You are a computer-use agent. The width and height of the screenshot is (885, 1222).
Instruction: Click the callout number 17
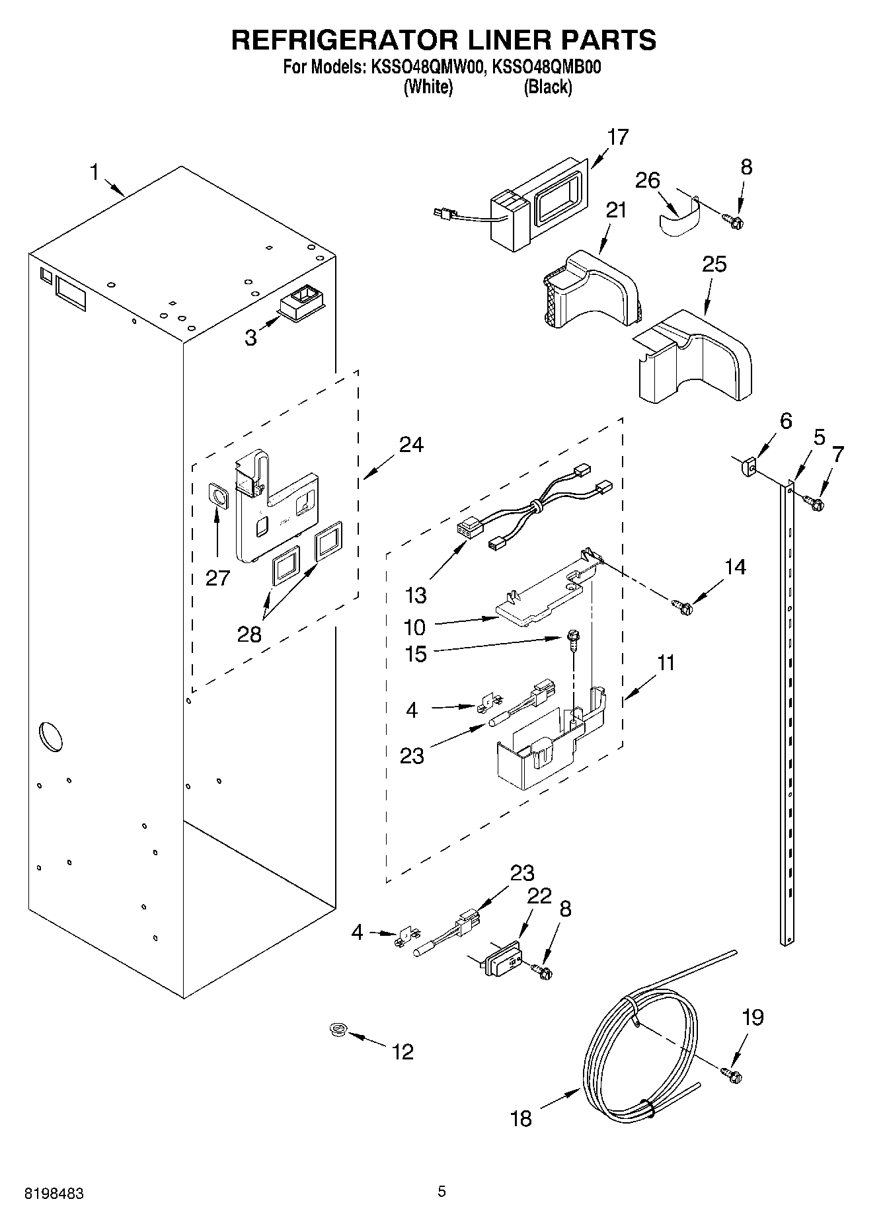pos(618,137)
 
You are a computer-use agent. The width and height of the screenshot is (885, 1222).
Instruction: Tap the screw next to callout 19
pos(731,1075)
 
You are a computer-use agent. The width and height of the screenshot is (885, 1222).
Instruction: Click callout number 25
pos(714,264)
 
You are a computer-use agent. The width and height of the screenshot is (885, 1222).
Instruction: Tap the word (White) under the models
pos(428,87)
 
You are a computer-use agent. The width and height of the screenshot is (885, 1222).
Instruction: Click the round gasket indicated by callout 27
pos(217,494)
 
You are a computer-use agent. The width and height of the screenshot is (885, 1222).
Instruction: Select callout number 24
pos(411,445)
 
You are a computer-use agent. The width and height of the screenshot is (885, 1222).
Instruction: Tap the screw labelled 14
pos(681,604)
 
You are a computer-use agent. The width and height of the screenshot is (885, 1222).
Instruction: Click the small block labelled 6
pos(748,467)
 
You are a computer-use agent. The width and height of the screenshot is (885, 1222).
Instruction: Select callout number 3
pos(250,338)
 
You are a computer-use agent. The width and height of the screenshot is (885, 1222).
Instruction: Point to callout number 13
pos(416,595)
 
